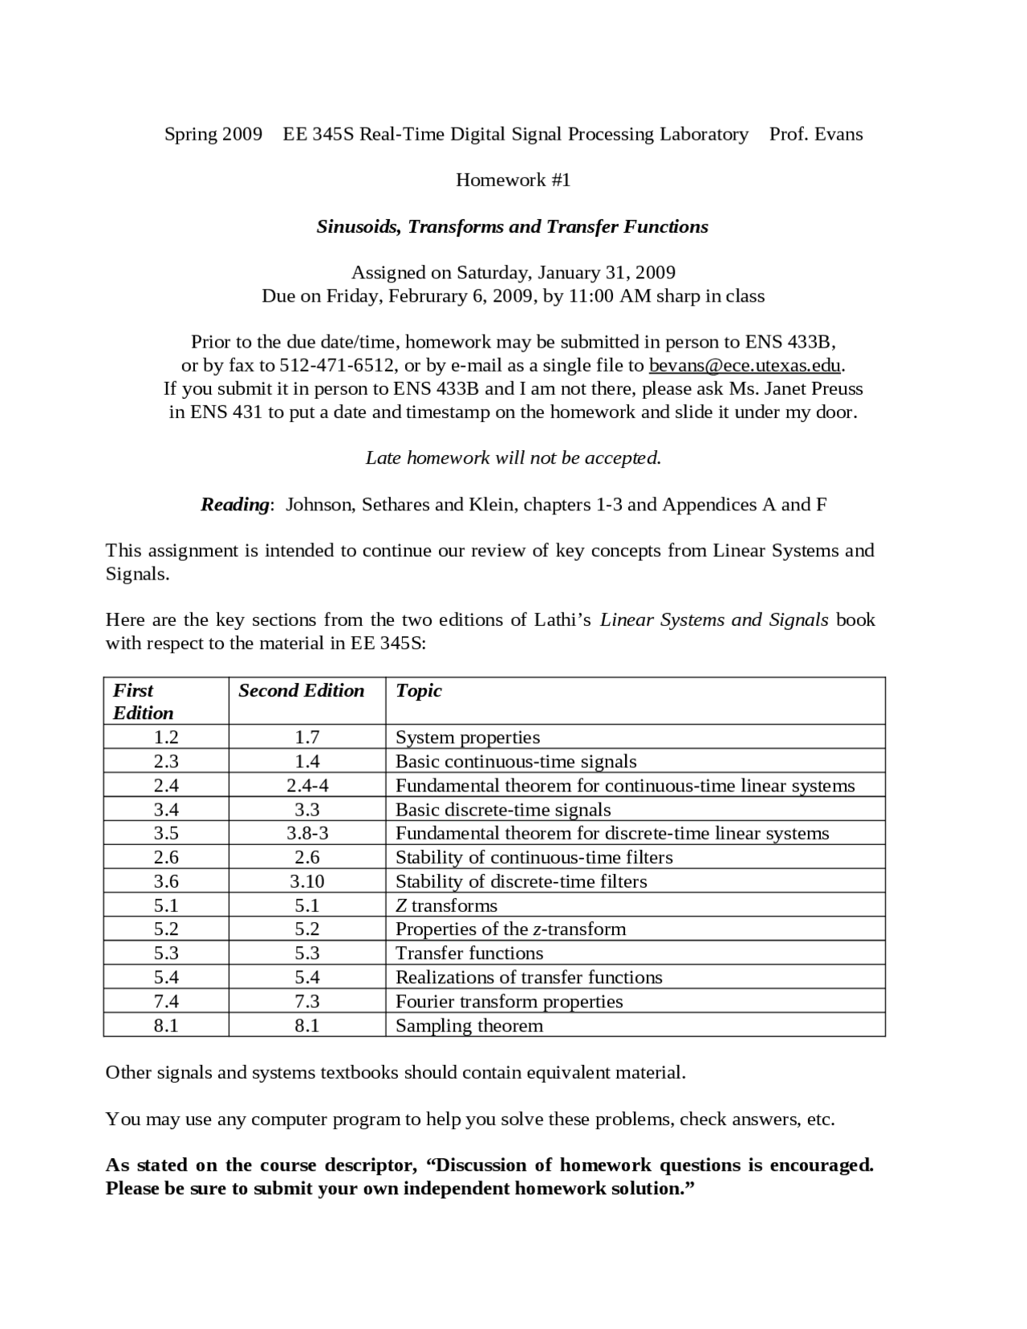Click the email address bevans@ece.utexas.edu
pos(744,366)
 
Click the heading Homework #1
pos(513,180)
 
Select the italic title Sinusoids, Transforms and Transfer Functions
pos(512,226)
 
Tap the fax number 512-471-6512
pos(337,366)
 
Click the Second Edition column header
pos(301,691)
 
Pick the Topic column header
pos(418,691)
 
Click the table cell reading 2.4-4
pos(306,786)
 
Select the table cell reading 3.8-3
pos(306,833)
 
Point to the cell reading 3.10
pos(306,881)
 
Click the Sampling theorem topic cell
pos(469,1026)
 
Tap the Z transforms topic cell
pos(446,905)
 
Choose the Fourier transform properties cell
pos(509,1002)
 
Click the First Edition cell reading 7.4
pos(166,1002)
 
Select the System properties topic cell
pos(467,738)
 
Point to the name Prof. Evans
pos(815,134)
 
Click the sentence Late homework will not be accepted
pos(513,458)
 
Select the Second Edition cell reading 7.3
pos(306,1002)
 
